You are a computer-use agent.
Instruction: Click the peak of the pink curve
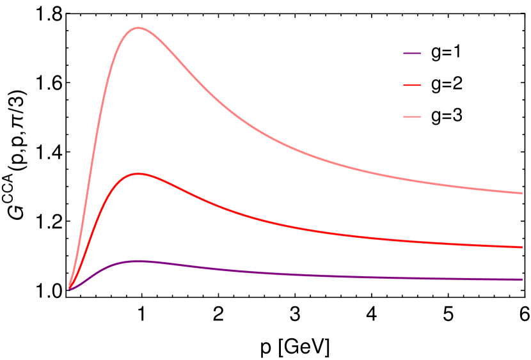(138, 28)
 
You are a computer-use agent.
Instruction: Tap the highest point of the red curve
(138, 174)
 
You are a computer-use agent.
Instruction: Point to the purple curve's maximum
(138, 261)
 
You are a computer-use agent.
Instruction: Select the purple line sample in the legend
(412, 54)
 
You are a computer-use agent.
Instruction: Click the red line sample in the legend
(412, 85)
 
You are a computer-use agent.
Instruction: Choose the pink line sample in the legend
(412, 117)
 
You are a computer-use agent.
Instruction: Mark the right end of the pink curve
(522, 193)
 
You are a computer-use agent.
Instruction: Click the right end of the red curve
(522, 247)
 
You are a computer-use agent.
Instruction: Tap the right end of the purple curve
(522, 279)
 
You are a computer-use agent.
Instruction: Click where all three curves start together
(70, 288)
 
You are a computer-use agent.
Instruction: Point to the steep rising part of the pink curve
(96, 128)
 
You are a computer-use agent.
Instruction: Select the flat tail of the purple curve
(416, 278)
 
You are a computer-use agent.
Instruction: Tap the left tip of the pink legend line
(404, 117)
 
